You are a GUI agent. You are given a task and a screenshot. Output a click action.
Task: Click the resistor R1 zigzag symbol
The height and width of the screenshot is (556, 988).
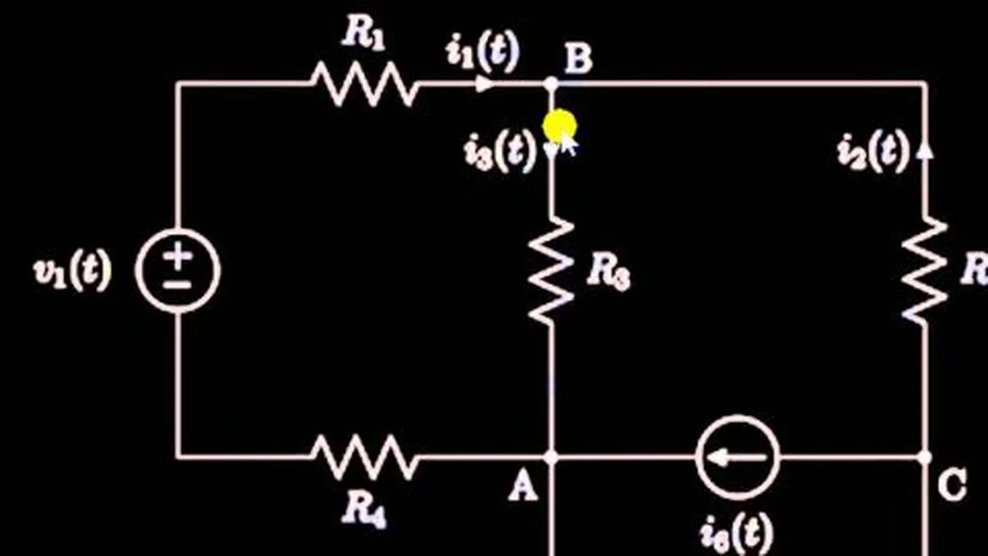click(365, 84)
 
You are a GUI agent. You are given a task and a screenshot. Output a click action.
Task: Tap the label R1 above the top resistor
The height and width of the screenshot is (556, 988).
click(363, 35)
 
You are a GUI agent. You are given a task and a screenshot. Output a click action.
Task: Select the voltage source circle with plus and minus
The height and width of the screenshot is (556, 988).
click(177, 270)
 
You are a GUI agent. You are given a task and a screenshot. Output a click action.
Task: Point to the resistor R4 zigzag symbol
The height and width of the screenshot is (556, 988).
click(365, 457)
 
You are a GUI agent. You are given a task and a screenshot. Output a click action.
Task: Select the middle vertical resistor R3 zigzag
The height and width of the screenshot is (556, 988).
click(551, 270)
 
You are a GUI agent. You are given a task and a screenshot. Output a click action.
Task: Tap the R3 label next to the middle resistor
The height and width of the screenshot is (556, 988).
click(608, 273)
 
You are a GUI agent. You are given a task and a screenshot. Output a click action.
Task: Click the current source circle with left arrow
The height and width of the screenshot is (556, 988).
click(737, 457)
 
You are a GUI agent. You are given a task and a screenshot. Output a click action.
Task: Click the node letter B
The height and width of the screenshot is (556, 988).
click(578, 58)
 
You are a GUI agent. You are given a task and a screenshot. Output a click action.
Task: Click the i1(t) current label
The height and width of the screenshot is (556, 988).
click(483, 53)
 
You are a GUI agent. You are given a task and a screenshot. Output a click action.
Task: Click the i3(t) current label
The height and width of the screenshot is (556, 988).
click(500, 153)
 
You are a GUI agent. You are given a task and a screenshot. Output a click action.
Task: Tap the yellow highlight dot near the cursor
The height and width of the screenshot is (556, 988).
click(559, 126)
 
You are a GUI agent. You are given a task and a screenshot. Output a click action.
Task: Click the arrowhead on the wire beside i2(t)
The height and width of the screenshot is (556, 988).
click(925, 149)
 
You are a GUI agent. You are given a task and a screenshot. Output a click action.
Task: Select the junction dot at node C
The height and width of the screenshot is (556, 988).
click(925, 457)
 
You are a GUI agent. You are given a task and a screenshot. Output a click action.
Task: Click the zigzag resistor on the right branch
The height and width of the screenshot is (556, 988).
click(925, 270)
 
